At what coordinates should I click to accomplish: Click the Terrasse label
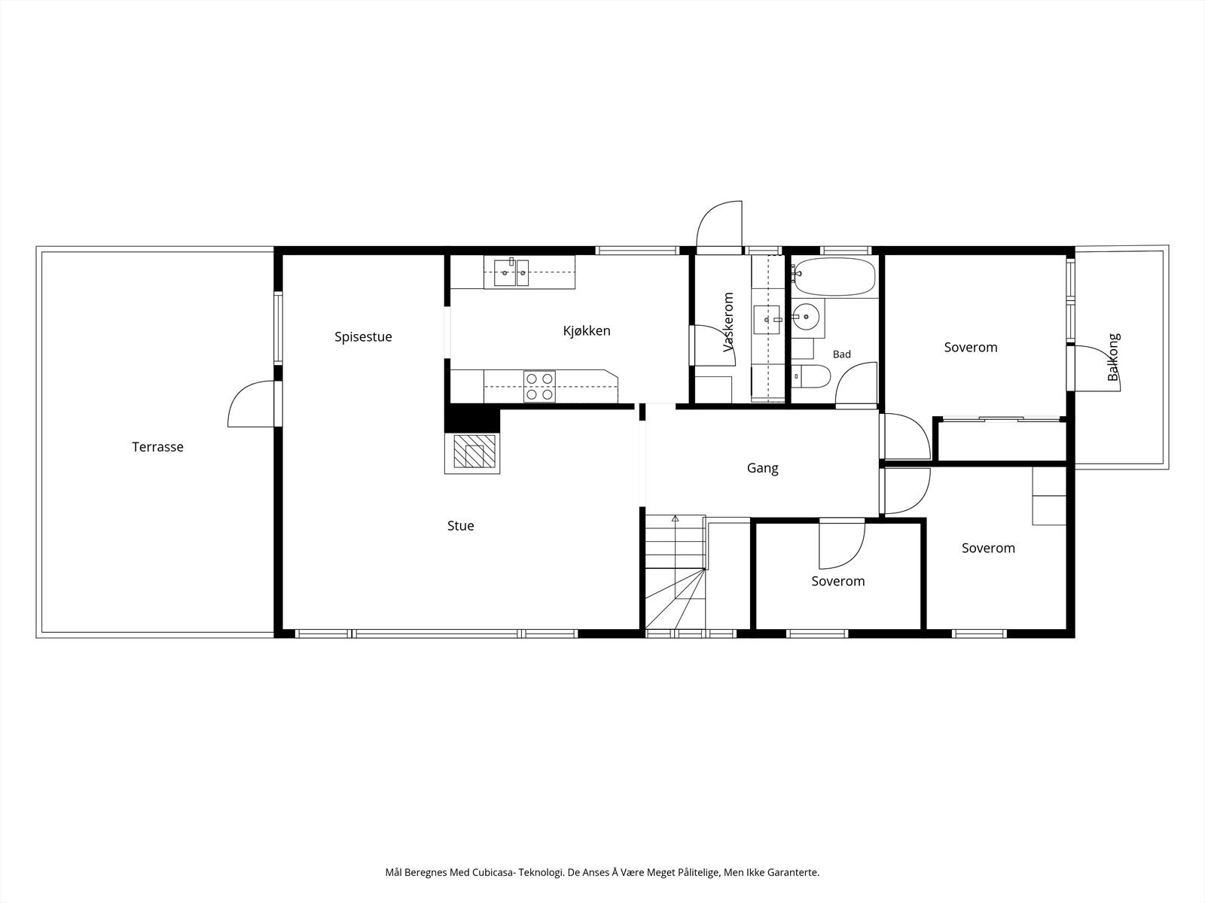pyautogui.click(x=157, y=447)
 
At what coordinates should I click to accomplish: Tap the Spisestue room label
pyautogui.click(x=363, y=336)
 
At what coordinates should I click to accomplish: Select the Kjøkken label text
pyautogui.click(x=586, y=330)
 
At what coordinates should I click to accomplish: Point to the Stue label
pyautogui.click(x=460, y=526)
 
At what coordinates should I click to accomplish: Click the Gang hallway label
pyautogui.click(x=762, y=468)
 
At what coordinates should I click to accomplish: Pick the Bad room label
pyautogui.click(x=841, y=354)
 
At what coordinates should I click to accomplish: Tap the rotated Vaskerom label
pyautogui.click(x=728, y=322)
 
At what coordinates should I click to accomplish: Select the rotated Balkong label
pyautogui.click(x=1113, y=357)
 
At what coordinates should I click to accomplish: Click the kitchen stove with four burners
pyautogui.click(x=539, y=387)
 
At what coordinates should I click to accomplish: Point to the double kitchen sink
pyautogui.click(x=511, y=272)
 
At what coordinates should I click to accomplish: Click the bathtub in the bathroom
pyautogui.click(x=834, y=277)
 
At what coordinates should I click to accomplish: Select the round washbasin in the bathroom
pyautogui.click(x=806, y=316)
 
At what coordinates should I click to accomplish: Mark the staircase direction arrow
pyautogui.click(x=676, y=518)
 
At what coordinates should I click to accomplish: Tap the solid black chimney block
pyautogui.click(x=472, y=418)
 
